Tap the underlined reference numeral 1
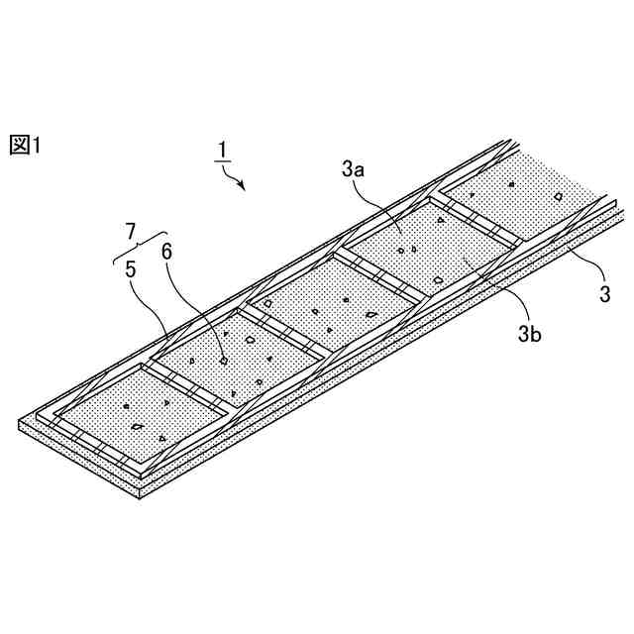(224, 151)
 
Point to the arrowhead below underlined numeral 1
(241, 184)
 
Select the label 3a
(353, 170)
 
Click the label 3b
(529, 334)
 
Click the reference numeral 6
(166, 253)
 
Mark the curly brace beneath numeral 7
(134, 246)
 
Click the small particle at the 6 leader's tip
(224, 361)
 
